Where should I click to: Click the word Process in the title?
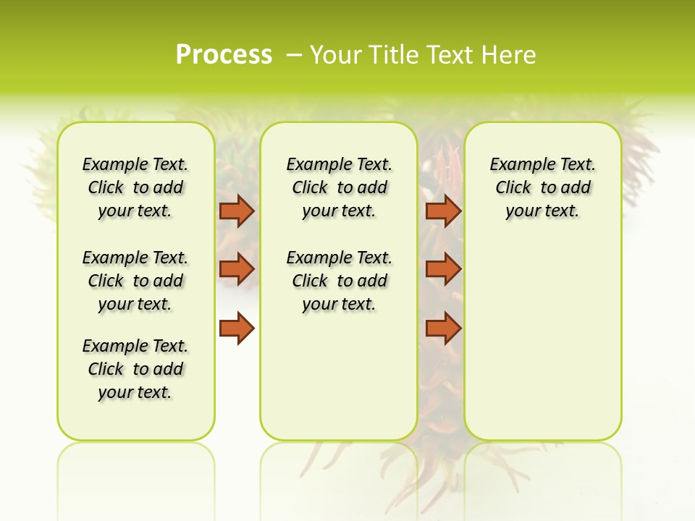click(x=224, y=54)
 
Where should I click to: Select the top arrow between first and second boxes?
click(x=236, y=211)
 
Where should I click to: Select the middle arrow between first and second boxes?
click(x=236, y=269)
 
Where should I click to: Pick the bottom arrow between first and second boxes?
click(x=236, y=328)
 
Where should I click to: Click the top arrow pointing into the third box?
click(x=443, y=211)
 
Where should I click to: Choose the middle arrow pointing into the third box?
click(x=443, y=269)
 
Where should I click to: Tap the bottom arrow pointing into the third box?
click(x=443, y=328)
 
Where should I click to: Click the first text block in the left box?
click(x=135, y=187)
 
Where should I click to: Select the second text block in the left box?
click(x=135, y=281)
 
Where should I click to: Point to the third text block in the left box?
click(x=135, y=369)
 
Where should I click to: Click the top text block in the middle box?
click(x=339, y=187)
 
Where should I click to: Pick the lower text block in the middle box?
click(x=339, y=281)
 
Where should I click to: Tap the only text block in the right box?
click(x=542, y=187)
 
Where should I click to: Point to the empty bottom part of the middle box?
click(x=339, y=384)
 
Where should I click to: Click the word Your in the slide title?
click(x=334, y=54)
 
